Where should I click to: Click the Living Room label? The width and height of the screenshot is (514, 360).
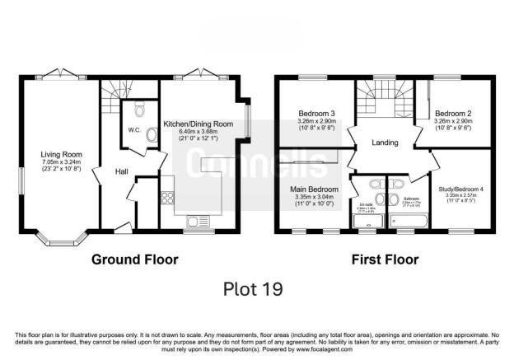coord(61,153)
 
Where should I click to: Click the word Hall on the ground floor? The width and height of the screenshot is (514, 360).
coord(121,171)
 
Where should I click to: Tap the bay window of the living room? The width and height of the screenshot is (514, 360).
coord(62,241)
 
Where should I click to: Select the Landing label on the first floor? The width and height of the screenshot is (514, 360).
coord(385,143)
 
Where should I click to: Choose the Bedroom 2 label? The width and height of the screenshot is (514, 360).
coord(452,113)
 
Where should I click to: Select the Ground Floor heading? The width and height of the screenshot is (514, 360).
coord(134,259)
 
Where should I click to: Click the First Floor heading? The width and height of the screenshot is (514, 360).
coord(385,259)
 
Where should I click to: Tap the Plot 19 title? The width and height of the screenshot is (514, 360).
coord(253,289)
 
